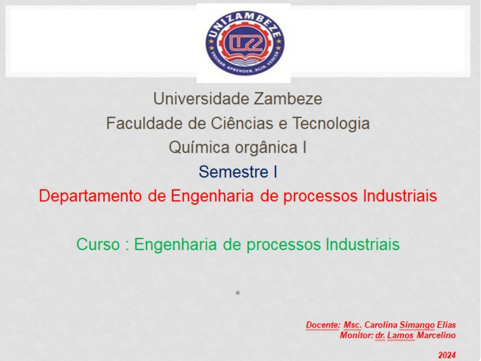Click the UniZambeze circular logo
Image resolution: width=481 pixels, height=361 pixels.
tap(245, 43)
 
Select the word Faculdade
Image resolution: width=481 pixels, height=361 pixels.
tap(144, 123)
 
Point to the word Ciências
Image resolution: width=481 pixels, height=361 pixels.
tap(242, 123)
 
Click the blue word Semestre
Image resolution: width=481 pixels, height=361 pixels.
tap(233, 172)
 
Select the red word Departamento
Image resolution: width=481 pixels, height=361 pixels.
tap(90, 196)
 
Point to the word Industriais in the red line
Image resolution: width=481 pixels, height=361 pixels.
tap(400, 196)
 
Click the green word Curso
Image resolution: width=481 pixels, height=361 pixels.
tap(98, 244)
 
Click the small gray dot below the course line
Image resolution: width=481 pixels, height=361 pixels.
tap(237, 293)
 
